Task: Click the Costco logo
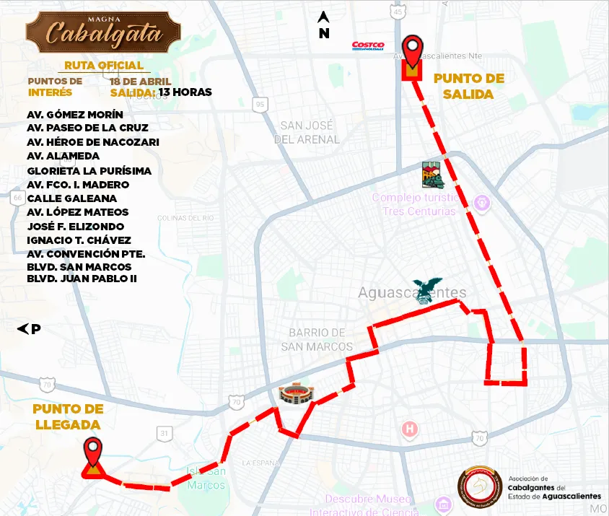click(367, 46)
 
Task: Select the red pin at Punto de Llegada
click(93, 452)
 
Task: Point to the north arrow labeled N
click(324, 25)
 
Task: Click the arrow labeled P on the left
click(29, 329)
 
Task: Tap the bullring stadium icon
click(297, 394)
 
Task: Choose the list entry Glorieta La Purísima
click(89, 171)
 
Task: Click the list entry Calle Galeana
click(72, 198)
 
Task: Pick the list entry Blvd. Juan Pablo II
click(82, 279)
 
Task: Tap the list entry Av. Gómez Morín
click(75, 115)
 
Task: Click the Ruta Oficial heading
click(105, 66)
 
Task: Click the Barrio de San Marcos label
click(317, 339)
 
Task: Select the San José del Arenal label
click(310, 132)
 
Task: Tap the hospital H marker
click(411, 429)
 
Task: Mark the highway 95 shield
click(260, 105)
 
